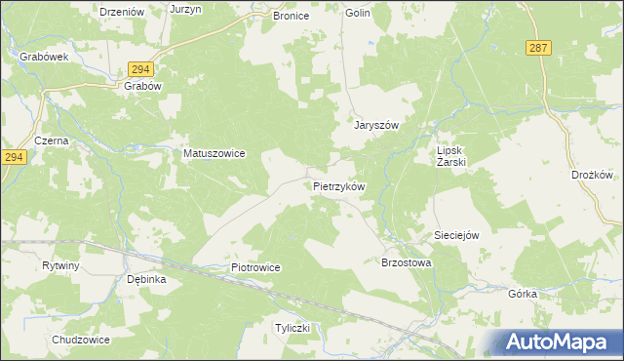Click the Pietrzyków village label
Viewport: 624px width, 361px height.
click(338, 185)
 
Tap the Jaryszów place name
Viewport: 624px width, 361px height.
click(376, 126)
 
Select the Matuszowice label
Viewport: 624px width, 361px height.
click(214, 153)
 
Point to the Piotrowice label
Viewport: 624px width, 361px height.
click(255, 267)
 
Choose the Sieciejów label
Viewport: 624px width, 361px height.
click(457, 236)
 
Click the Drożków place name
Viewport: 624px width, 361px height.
click(591, 176)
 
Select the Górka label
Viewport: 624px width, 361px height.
click(523, 294)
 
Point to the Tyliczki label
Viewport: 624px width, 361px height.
click(292, 328)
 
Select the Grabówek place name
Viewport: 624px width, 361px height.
click(43, 57)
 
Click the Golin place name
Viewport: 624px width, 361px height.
click(358, 14)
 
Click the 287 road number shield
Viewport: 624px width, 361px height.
click(537, 47)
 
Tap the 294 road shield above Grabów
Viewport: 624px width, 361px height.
click(139, 68)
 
